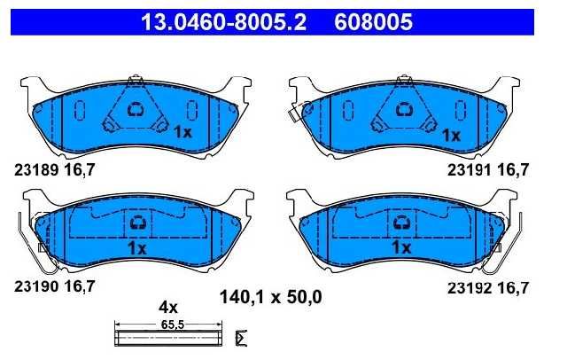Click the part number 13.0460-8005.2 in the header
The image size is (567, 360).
click(x=223, y=21)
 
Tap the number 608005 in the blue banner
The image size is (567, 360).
click(x=373, y=21)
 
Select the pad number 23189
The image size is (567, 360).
click(x=36, y=169)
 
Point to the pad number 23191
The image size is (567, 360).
click(x=469, y=169)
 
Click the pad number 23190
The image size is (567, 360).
click(x=36, y=286)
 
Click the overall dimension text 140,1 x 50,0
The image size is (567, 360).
click(x=271, y=297)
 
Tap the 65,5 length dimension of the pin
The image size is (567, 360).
click(x=173, y=325)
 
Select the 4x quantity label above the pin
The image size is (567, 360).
click(x=168, y=307)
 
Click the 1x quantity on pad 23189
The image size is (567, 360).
click(x=183, y=132)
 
